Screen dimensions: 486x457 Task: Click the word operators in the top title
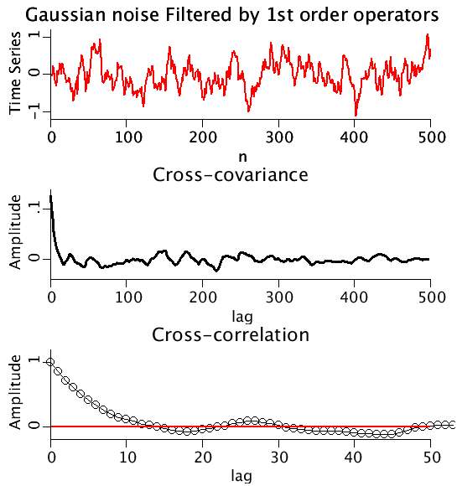392,14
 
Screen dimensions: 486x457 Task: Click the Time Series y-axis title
14,74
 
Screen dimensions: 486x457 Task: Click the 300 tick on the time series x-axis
278,135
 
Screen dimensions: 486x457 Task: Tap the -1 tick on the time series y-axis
35,111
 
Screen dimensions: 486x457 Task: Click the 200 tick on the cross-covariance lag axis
203,296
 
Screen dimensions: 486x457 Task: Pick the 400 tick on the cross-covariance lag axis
354,296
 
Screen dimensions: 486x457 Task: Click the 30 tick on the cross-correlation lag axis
278,457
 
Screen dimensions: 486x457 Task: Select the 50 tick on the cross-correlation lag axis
428,457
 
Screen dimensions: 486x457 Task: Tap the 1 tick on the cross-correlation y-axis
35,360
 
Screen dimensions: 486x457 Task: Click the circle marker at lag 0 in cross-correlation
51,363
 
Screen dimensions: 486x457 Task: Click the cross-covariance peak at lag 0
51,195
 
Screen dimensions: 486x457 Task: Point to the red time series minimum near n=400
356,114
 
